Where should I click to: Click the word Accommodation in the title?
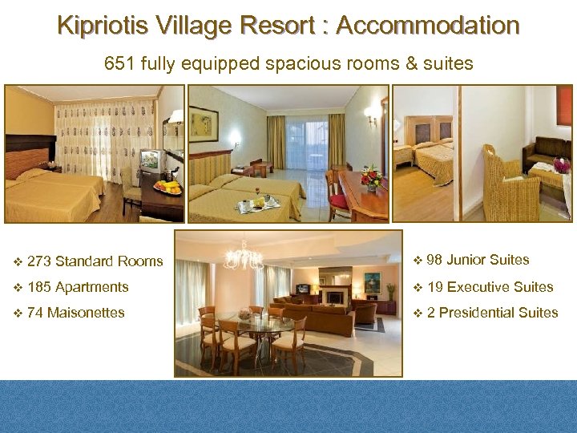[428, 26]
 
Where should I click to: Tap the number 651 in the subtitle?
[119, 63]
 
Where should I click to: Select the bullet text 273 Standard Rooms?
[95, 261]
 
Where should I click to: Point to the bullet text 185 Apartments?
[78, 287]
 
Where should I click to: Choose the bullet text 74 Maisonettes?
[75, 313]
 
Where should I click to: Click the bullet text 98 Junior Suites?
[478, 260]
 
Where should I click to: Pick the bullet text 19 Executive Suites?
[490, 287]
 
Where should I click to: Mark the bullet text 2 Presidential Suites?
[492, 313]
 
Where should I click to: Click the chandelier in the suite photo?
[244, 257]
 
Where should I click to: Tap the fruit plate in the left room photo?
[167, 188]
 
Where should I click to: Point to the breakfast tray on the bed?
[258, 204]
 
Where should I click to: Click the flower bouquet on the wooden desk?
[371, 176]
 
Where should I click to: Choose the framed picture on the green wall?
[204, 123]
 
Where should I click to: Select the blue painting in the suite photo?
[371, 282]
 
